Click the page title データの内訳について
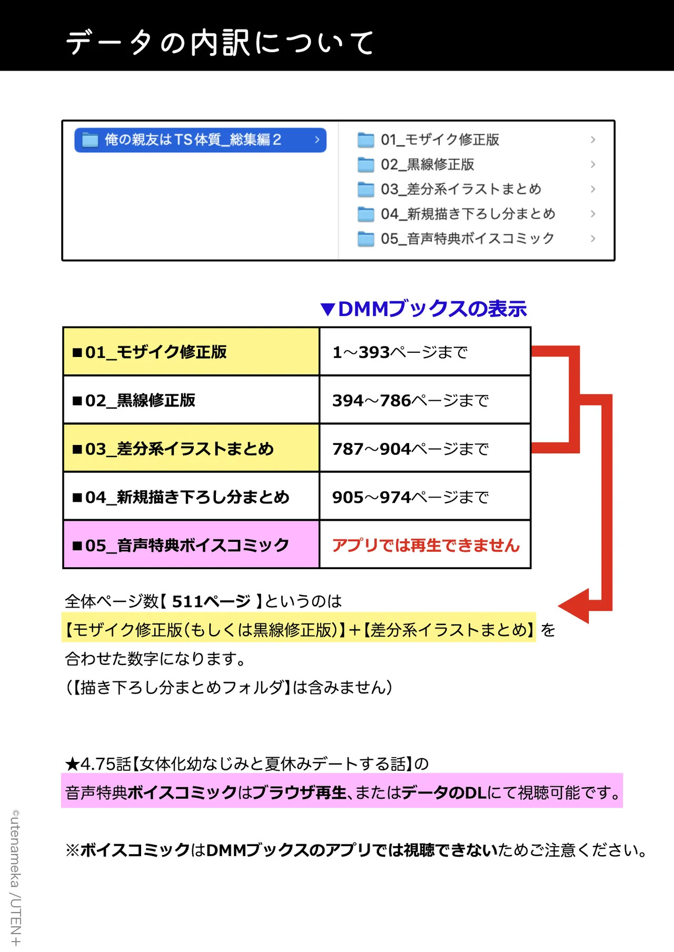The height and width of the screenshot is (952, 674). coord(220,42)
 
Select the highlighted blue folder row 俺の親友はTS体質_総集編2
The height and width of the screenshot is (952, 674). coord(200,140)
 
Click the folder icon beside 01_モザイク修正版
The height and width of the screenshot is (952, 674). coord(366,140)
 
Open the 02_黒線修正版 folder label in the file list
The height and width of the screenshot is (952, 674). coord(428,164)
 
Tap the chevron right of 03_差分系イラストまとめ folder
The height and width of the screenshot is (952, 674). coord(593,189)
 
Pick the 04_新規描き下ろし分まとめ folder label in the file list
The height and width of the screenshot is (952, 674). coord(468,214)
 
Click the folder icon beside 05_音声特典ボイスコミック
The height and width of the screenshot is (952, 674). coord(366,239)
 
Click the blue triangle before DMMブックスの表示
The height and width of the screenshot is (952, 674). coord(328,310)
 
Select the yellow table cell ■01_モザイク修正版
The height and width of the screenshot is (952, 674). coord(191,352)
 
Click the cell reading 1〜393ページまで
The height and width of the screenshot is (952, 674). coord(425,352)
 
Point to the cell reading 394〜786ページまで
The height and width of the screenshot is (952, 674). coord(425,400)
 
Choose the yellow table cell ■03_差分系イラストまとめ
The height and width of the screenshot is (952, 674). coord(191,448)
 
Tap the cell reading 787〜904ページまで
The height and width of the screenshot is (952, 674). coord(425,448)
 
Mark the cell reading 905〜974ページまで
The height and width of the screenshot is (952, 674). coord(425,497)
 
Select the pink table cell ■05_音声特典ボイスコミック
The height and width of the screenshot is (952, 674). coord(191,545)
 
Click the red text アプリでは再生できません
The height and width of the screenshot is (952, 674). coord(426,546)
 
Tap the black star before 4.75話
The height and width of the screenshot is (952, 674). coord(72,763)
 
